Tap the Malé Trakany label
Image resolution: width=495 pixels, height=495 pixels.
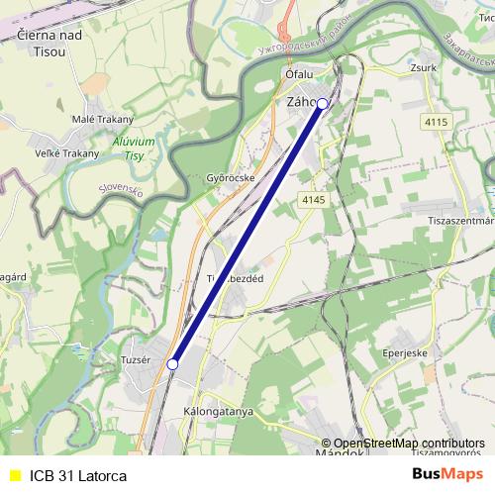(x=102, y=120)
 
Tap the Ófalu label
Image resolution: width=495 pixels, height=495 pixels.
(x=298, y=73)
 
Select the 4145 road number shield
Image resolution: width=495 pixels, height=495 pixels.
(x=313, y=200)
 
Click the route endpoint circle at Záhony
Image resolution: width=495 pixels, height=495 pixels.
(x=322, y=103)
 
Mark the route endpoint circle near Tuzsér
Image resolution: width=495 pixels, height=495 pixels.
(x=172, y=364)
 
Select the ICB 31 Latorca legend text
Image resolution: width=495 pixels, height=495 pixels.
(x=78, y=475)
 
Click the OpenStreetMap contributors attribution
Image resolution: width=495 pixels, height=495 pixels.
(x=409, y=444)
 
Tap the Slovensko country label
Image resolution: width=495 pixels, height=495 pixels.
(x=122, y=190)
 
